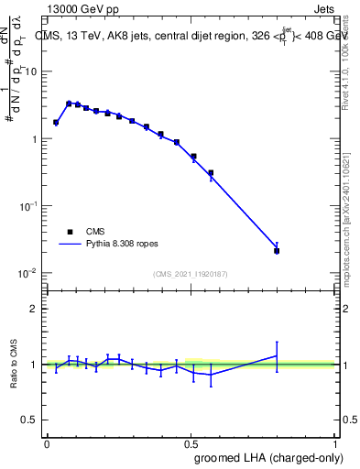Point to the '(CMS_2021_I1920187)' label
pyautogui.click(x=190, y=274)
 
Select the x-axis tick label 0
pyautogui.click(x=47, y=442)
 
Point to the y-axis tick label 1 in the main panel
pyautogui.click(x=35, y=139)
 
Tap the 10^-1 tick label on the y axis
pyautogui.click(x=30, y=207)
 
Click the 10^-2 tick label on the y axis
pyautogui.click(x=30, y=274)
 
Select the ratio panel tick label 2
pyautogui.click(x=35, y=309)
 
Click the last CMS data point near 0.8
pyautogui.click(x=277, y=250)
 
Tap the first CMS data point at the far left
pyautogui.click(x=56, y=122)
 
